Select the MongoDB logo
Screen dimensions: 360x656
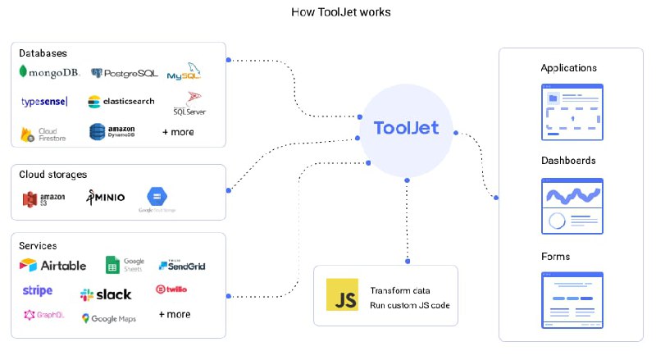coord(48,72)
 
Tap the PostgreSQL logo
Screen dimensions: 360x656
coord(125,73)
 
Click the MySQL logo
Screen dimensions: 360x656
coord(184,73)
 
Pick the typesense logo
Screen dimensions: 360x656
coord(44,102)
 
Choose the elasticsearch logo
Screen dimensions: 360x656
coord(121,102)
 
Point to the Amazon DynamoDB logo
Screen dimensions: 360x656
coord(112,131)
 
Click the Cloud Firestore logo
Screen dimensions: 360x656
coord(44,133)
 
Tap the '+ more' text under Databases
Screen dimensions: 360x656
coord(178,131)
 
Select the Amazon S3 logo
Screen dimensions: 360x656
coord(43,198)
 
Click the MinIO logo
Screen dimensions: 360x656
coord(106,198)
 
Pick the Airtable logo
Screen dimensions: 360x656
coord(53,265)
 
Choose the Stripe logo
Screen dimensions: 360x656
coord(38,291)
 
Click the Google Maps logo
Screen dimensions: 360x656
coord(109,318)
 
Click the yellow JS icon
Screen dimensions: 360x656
coord(342,294)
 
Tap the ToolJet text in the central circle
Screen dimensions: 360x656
coord(406,128)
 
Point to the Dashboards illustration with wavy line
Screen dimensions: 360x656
coord(573,206)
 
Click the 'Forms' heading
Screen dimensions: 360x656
coord(555,257)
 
